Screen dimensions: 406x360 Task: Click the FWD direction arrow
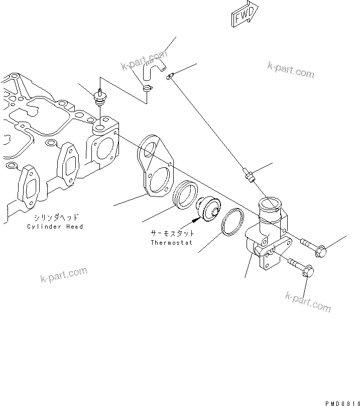tap(244, 14)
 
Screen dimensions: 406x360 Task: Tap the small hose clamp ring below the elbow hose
tap(147, 89)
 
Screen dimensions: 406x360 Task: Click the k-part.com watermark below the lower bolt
tap(308, 301)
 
